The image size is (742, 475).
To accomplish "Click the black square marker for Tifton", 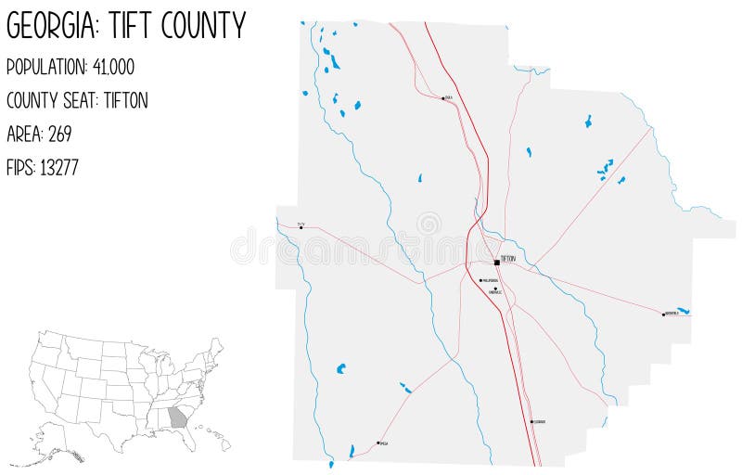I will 497,262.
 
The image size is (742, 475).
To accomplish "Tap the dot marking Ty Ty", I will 301,226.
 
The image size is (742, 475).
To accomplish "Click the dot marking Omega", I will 378,443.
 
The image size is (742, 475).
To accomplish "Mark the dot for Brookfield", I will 663,314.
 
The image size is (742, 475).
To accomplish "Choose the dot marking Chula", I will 443,97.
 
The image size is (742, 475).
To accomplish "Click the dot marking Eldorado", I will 531,422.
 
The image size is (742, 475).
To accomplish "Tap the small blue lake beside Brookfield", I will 684,311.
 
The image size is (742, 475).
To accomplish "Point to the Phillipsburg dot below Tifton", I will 480,280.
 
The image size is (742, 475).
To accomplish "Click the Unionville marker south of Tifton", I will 496,289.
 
